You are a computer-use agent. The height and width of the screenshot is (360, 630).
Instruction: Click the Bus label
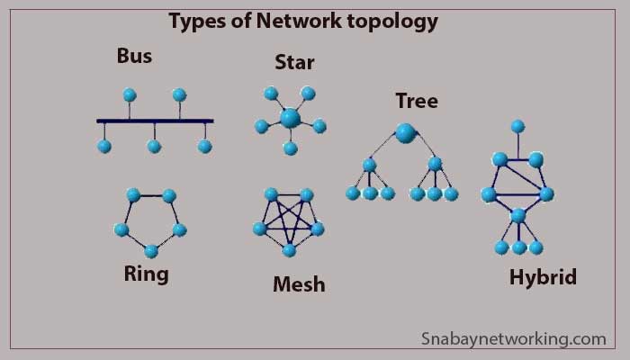pos(134,56)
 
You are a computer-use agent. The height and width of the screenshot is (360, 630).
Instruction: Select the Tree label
pos(417,101)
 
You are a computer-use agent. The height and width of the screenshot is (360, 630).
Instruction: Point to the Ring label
pos(147,273)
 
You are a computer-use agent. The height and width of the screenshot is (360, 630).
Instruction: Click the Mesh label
pos(299,285)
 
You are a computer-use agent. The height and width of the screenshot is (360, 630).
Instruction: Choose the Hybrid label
pos(542,277)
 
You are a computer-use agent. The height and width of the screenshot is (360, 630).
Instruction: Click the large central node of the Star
pos(290,118)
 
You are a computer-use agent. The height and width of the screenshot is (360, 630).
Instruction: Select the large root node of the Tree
pos(406,133)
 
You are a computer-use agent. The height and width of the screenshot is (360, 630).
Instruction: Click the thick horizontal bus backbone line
pos(155,121)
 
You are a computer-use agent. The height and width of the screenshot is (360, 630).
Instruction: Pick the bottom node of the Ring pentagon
pos(151,251)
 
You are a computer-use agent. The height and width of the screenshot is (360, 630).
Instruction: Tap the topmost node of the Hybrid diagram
pos(517,126)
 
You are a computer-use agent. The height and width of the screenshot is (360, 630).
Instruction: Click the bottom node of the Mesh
pos(289,250)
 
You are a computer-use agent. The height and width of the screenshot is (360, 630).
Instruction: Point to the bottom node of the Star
pos(290,148)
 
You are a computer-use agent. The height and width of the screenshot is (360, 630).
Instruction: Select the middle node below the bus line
pos(154,146)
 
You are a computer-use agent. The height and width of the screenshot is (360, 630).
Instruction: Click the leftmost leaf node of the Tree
pos(353,193)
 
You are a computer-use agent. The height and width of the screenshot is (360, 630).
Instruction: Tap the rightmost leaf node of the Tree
pos(451,193)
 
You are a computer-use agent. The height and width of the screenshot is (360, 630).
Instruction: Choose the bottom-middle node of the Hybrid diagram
pos(519,247)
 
